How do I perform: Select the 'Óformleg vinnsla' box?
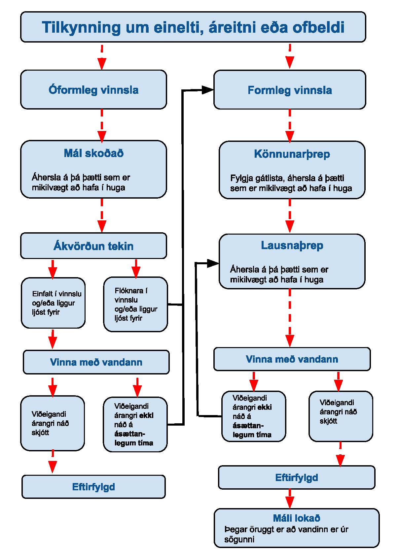pyautogui.click(x=93, y=90)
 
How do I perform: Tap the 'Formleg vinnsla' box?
pyautogui.click(x=290, y=90)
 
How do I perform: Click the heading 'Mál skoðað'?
pyautogui.click(x=93, y=153)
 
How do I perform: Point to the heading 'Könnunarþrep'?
pyautogui.click(x=292, y=154)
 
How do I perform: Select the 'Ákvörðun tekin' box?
pyautogui.click(x=93, y=245)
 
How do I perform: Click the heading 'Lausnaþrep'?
pyautogui.click(x=292, y=245)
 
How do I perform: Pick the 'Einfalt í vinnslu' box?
pyautogui.click(x=53, y=303)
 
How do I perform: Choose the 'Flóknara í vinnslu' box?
pyautogui.click(x=135, y=304)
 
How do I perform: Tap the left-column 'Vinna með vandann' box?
pyautogui.click(x=96, y=362)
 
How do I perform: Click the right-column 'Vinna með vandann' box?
pyautogui.click(x=292, y=359)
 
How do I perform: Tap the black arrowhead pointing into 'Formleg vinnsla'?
pyautogui.click(x=207, y=90)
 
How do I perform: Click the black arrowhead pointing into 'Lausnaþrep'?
pyautogui.click(x=213, y=263)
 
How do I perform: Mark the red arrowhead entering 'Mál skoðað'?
pyautogui.click(x=102, y=136)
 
